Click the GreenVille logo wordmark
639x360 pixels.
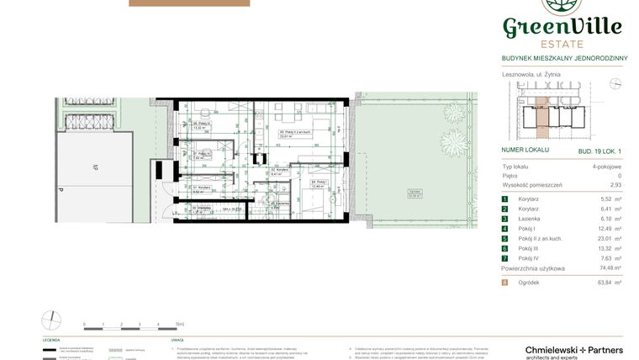(562, 27)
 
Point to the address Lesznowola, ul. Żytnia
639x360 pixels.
(531, 74)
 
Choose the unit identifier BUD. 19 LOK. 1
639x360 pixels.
(599, 150)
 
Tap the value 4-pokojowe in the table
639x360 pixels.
(606, 167)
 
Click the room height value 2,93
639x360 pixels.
(615, 184)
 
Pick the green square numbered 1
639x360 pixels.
(505, 198)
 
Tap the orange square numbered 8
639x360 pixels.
(505, 283)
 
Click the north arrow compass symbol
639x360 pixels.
(51, 320)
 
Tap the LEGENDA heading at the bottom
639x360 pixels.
(51, 340)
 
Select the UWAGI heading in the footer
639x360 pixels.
(177, 340)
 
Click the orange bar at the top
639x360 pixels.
(189, 3)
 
